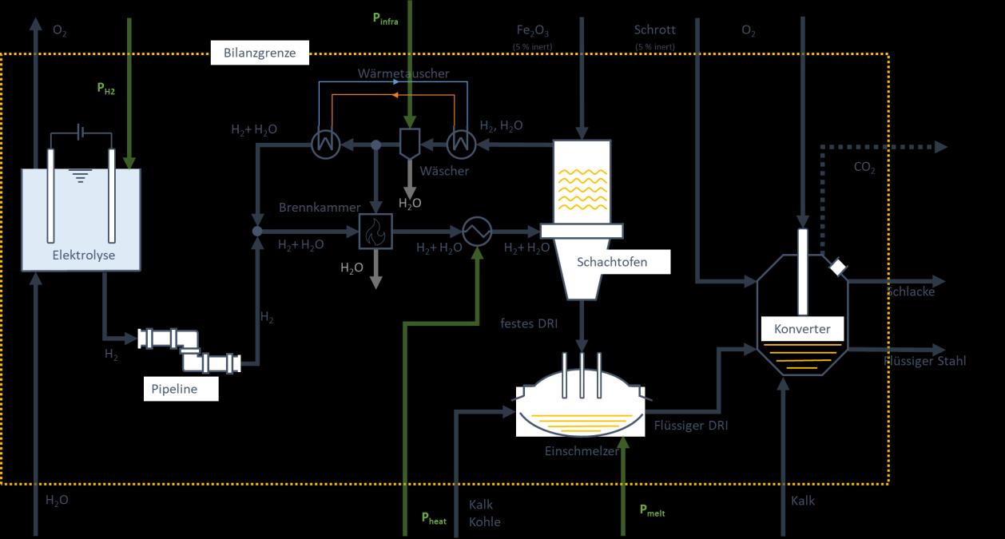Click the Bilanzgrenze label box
coord(260,54)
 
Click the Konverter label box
coord(802,329)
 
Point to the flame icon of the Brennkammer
coord(373,232)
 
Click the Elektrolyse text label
coord(84,256)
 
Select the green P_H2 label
coord(106,90)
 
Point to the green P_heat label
coord(434,518)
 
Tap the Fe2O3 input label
coord(533,31)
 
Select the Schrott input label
coord(655,30)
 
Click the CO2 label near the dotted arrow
coord(864,168)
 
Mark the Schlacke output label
coord(911,291)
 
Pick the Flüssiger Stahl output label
coord(925,361)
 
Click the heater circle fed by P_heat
coord(479,232)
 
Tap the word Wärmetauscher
coord(403,73)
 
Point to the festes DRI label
coord(529,323)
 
